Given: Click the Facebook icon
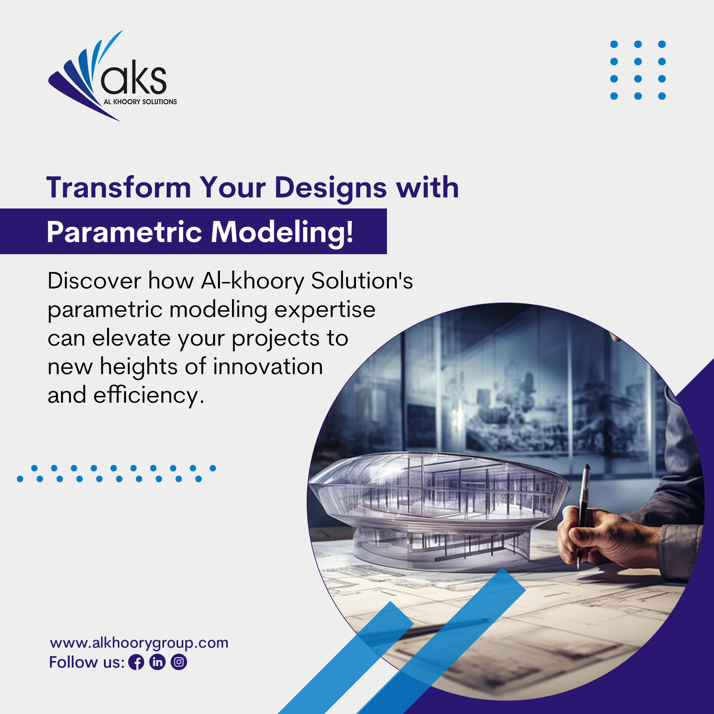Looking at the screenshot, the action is [136, 662].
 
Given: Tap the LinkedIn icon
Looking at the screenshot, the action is [157, 662].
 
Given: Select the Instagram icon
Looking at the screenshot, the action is [179, 662].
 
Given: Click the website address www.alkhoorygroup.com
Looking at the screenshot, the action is [139, 643].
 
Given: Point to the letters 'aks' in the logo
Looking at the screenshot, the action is [134, 77].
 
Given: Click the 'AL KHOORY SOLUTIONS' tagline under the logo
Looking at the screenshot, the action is [140, 102].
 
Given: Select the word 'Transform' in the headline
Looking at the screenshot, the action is [119, 187].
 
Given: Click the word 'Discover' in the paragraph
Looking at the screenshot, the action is [94, 281].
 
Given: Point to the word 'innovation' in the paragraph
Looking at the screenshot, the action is [268, 367].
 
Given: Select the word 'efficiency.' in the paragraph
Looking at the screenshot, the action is [149, 396].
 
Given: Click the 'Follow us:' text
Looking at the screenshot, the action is [87, 662].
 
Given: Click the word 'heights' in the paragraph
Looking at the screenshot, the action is [139, 367].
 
